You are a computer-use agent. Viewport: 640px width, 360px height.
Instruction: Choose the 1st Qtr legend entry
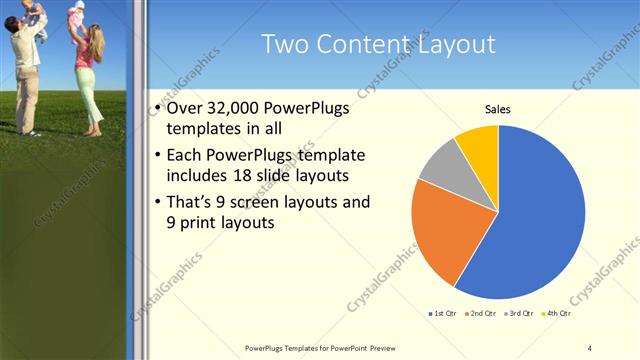(443, 313)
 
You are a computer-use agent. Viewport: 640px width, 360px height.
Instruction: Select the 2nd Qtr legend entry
(481, 313)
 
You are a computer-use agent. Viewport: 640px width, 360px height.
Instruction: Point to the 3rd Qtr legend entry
(518, 313)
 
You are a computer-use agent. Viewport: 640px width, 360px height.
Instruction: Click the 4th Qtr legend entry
(555, 313)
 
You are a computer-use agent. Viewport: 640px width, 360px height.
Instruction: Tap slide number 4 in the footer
(589, 347)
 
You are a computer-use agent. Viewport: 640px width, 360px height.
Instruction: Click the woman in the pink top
(87, 65)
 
